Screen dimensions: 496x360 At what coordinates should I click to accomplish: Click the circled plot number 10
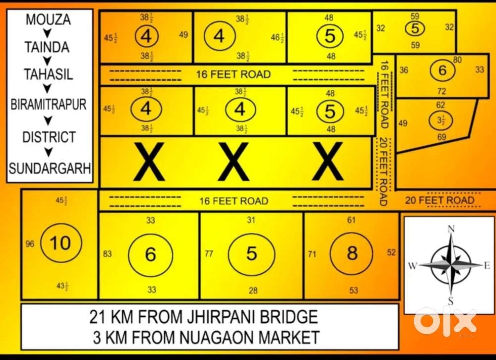tap(62, 243)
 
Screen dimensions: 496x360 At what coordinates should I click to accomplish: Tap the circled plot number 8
tap(352, 253)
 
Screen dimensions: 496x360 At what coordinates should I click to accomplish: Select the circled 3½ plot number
tap(440, 120)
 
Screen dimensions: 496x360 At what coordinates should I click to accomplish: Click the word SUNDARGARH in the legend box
tap(50, 168)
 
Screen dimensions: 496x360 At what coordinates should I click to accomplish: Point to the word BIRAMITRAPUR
tap(49, 104)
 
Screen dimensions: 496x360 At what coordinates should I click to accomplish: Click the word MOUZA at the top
tap(48, 20)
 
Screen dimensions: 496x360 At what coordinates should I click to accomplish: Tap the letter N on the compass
tap(451, 229)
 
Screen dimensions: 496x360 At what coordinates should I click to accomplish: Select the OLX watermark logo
tap(445, 321)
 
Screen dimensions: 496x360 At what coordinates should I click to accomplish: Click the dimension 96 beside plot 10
tap(30, 244)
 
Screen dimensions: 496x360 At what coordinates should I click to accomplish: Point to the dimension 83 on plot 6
tap(107, 254)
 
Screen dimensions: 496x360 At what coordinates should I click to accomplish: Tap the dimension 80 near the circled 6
tap(457, 60)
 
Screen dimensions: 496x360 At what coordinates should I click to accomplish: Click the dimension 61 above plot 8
tap(351, 220)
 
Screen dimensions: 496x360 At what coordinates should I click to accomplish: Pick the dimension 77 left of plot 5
tap(209, 254)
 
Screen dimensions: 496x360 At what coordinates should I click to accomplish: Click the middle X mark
tap(234, 161)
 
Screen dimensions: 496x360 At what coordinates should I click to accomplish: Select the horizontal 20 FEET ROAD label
tap(439, 200)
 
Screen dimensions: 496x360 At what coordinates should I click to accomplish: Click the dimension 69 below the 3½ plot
tap(441, 137)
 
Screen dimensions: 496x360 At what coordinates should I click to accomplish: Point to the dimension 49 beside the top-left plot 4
tap(184, 35)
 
